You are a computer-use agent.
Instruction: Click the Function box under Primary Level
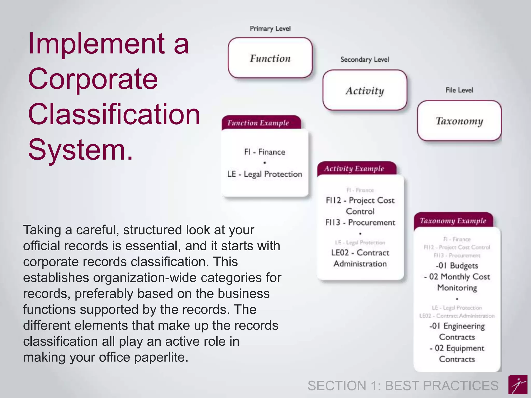(x=270, y=58)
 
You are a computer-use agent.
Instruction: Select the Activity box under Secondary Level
(x=365, y=90)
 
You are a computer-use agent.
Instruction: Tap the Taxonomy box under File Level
(x=459, y=121)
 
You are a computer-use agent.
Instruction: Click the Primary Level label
(x=270, y=29)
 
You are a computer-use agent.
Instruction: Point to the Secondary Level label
(x=365, y=60)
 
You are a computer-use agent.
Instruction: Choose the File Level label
(x=459, y=90)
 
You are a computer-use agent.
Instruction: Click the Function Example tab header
(x=258, y=123)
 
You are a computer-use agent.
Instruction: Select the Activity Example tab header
(x=354, y=169)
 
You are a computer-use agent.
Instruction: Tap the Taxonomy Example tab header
(x=453, y=221)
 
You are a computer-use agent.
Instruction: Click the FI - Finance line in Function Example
(x=264, y=152)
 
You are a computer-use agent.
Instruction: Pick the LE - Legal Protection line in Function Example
(x=264, y=174)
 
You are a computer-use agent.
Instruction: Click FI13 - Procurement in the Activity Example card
(x=360, y=222)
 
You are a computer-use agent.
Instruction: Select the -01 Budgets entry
(x=457, y=266)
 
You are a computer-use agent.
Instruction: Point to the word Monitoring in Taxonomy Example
(x=457, y=288)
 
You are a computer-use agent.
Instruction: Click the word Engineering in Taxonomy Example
(x=464, y=326)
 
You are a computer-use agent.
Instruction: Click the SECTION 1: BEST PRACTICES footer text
(x=403, y=386)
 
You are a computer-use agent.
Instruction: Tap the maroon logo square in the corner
(x=518, y=385)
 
